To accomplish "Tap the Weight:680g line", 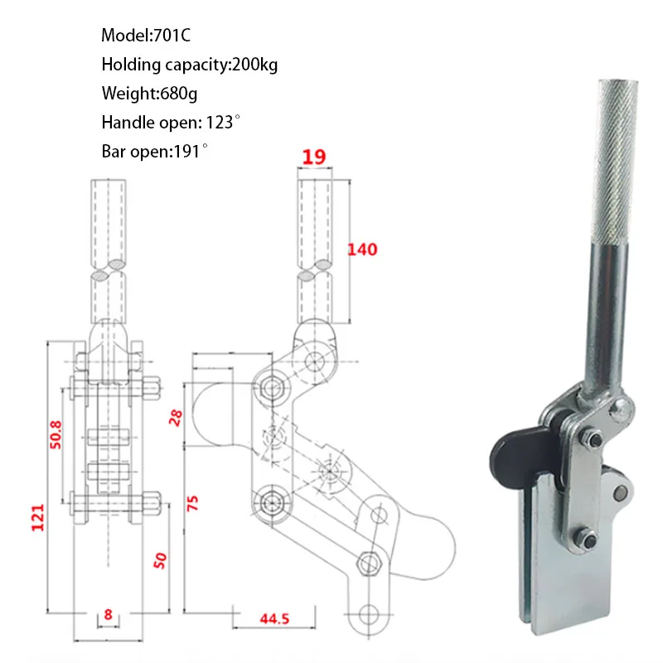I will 149,94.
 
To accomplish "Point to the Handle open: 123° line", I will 171,123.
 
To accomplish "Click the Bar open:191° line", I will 154,152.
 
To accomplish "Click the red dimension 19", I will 314,155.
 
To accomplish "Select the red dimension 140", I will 362,249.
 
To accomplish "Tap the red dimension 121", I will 37,519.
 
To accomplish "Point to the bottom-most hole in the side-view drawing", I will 369,614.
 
